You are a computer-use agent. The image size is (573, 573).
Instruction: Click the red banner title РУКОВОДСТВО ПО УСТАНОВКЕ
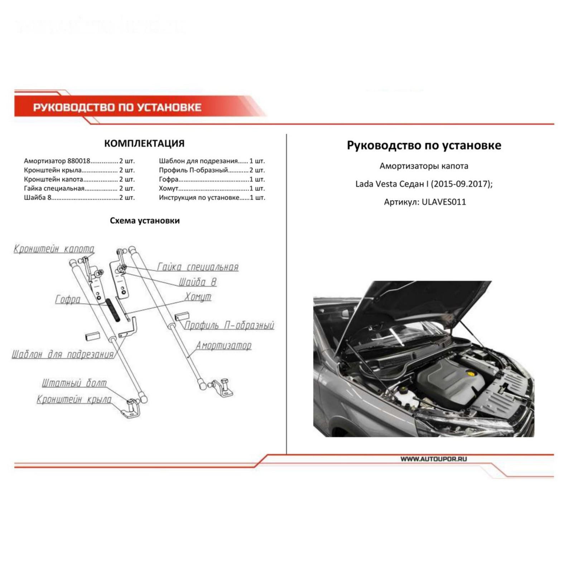[x=117, y=107]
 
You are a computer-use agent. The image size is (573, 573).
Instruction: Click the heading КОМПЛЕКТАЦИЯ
[x=144, y=143]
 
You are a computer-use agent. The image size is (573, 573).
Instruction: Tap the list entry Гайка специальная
[x=54, y=188]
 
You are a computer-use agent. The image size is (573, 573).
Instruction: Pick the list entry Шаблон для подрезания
[x=198, y=161]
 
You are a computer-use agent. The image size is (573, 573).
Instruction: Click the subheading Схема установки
[x=144, y=221]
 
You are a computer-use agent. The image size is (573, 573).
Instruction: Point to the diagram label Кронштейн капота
[x=54, y=249]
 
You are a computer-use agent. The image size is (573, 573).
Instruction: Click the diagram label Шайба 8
[x=198, y=282]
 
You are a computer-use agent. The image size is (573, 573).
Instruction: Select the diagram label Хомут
[x=198, y=297]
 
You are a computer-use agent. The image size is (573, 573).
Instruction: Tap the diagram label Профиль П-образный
[x=229, y=325]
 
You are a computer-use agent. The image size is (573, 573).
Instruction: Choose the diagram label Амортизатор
[x=223, y=346]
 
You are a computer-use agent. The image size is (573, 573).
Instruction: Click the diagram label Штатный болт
[x=74, y=383]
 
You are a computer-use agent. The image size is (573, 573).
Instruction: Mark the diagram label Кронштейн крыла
[x=74, y=399]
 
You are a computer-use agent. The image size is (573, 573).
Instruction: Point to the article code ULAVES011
[x=444, y=202]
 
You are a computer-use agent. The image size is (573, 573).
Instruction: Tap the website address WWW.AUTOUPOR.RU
[x=433, y=459]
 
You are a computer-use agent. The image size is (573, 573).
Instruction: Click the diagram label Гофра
[x=68, y=299]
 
